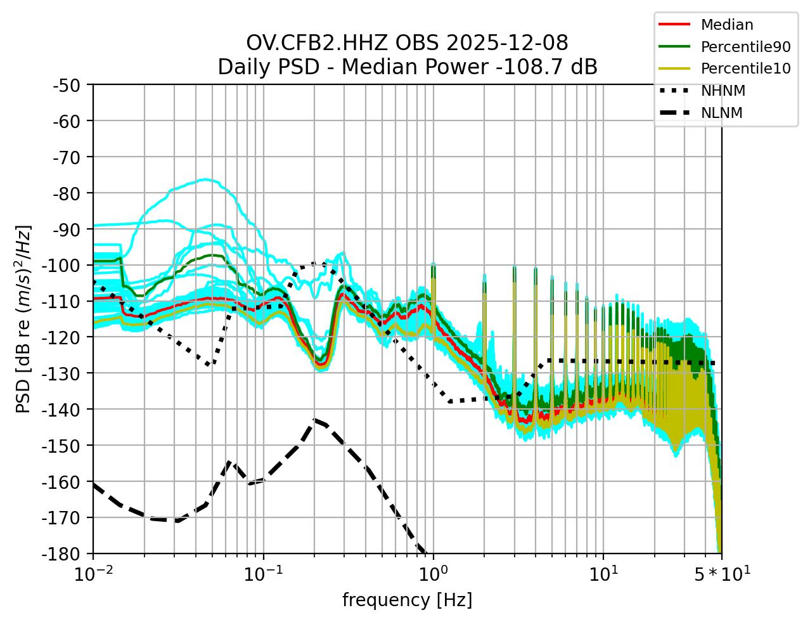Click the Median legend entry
coord(726,25)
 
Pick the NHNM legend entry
coord(723,91)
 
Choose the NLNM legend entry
coord(721,113)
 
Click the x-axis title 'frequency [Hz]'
coord(407,600)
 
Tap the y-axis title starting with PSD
coord(23,318)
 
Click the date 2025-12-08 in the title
coord(507,43)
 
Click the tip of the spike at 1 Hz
coord(433,263)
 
